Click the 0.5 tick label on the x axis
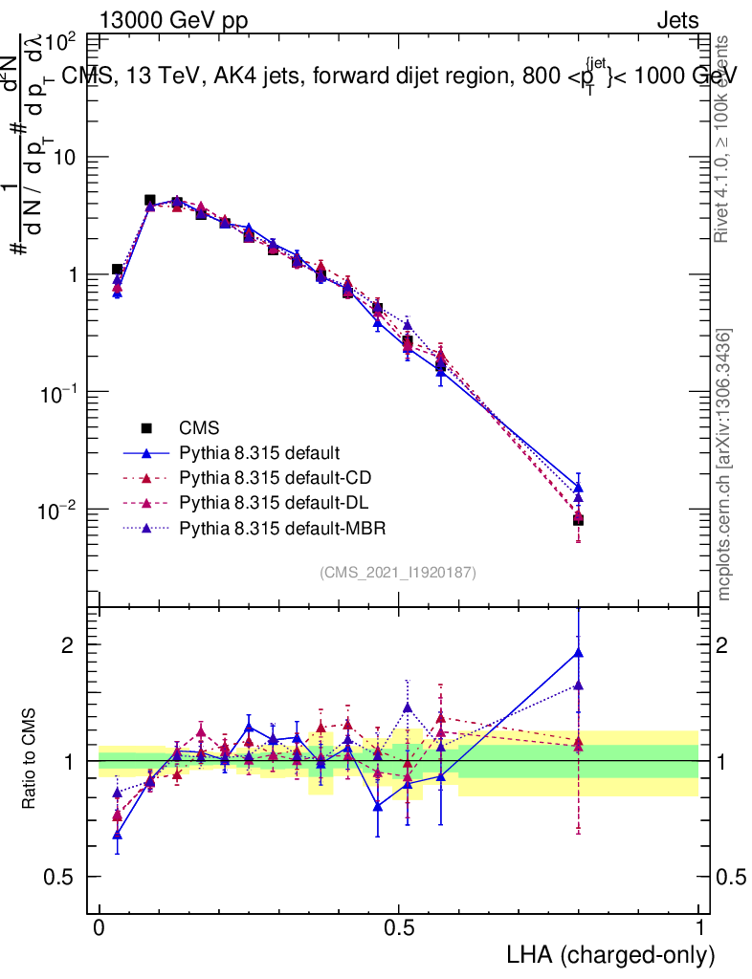(399, 928)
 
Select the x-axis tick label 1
(699, 928)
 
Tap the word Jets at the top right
(677, 19)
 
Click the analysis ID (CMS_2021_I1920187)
(398, 572)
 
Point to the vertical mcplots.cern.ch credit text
(724, 465)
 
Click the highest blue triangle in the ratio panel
(578, 653)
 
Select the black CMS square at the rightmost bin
(578, 520)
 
